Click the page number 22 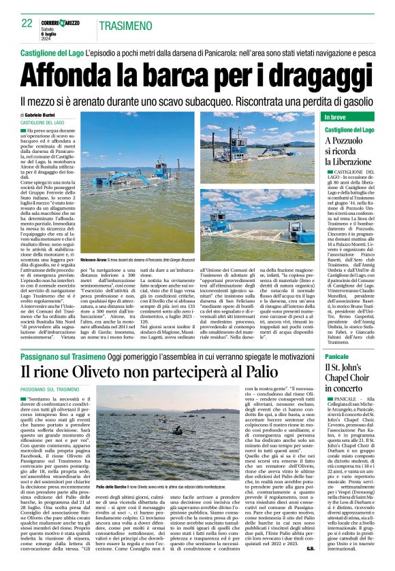point(27,23)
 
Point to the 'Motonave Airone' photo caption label point(95,260)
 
